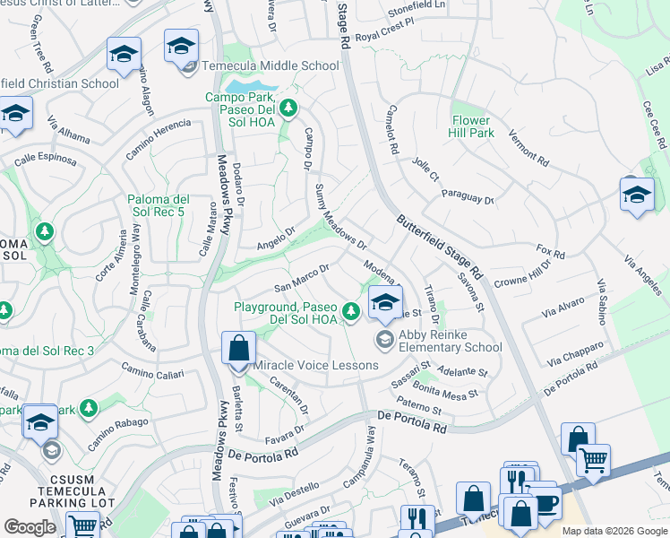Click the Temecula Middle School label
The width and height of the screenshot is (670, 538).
(x=270, y=65)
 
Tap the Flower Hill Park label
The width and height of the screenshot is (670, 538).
(x=471, y=126)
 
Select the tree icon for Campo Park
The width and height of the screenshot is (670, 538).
(x=288, y=108)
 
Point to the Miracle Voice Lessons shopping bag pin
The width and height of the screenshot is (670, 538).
(x=238, y=347)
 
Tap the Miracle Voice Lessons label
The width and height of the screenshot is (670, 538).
(x=315, y=366)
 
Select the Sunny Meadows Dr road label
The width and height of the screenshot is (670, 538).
(x=341, y=216)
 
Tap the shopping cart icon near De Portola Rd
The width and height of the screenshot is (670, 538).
(x=593, y=460)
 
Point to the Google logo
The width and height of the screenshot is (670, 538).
(x=30, y=527)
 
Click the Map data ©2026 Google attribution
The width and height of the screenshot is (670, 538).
(x=614, y=531)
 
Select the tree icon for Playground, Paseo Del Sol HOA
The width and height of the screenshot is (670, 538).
(x=351, y=311)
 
